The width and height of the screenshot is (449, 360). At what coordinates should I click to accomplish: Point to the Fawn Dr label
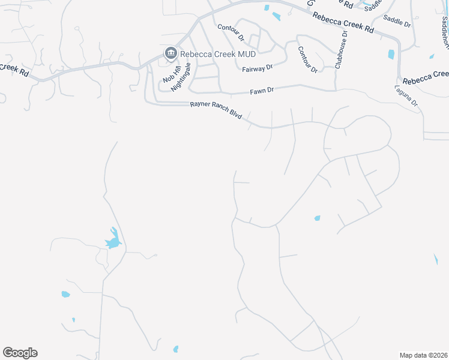tap(262, 91)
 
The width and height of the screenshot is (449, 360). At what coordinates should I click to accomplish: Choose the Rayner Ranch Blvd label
tap(216, 110)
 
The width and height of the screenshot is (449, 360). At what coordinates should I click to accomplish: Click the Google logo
tap(20, 353)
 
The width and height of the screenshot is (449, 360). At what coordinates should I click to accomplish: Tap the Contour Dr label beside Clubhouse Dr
tap(307, 59)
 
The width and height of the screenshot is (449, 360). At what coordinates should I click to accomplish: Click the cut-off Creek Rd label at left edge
tap(14, 70)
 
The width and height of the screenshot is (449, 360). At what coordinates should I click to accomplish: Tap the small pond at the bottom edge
tap(176, 349)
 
